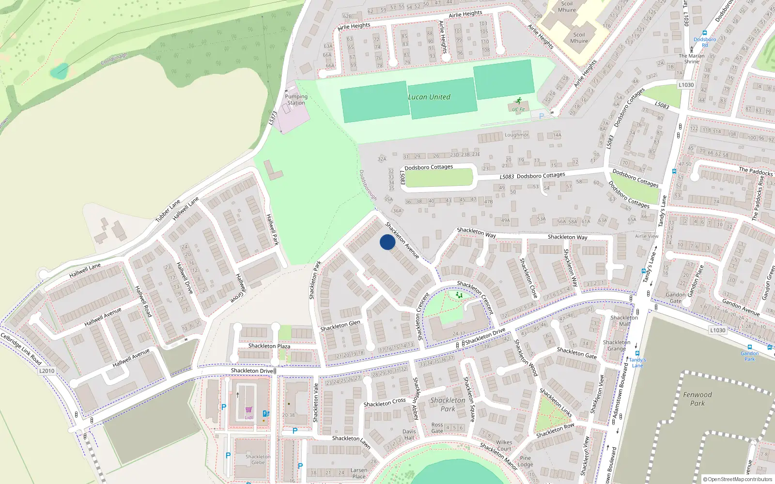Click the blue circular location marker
click(387, 242)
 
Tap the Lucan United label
click(429, 97)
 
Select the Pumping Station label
click(296, 100)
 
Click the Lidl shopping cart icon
click(248, 410)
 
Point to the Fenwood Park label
click(697, 399)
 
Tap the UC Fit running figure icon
click(519, 101)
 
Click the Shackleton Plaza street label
click(269, 346)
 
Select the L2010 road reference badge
click(47, 371)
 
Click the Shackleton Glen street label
click(341, 326)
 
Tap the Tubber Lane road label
click(168, 211)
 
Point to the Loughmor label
click(517, 135)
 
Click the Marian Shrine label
click(692, 59)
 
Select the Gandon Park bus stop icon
click(750, 348)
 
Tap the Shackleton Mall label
click(624, 321)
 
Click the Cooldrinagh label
click(114, 60)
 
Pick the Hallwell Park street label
click(273, 229)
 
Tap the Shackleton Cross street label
click(385, 403)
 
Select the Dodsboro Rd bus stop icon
click(705, 33)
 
